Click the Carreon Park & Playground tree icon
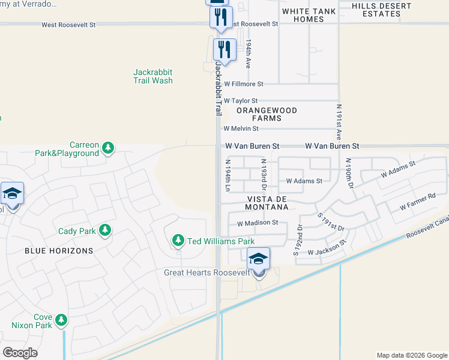click(x=108, y=148)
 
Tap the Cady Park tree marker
click(x=105, y=230)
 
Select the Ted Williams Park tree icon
click(x=178, y=241)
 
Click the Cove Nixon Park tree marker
click(x=61, y=320)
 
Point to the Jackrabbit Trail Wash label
click(x=153, y=76)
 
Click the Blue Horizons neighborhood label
click(x=59, y=250)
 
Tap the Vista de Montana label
click(x=267, y=203)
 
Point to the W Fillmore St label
click(x=243, y=85)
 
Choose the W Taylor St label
click(x=240, y=101)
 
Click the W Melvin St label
click(x=241, y=128)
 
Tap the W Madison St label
click(x=258, y=223)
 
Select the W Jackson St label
click(x=327, y=249)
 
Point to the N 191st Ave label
click(x=339, y=122)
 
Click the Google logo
click(x=20, y=352)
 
